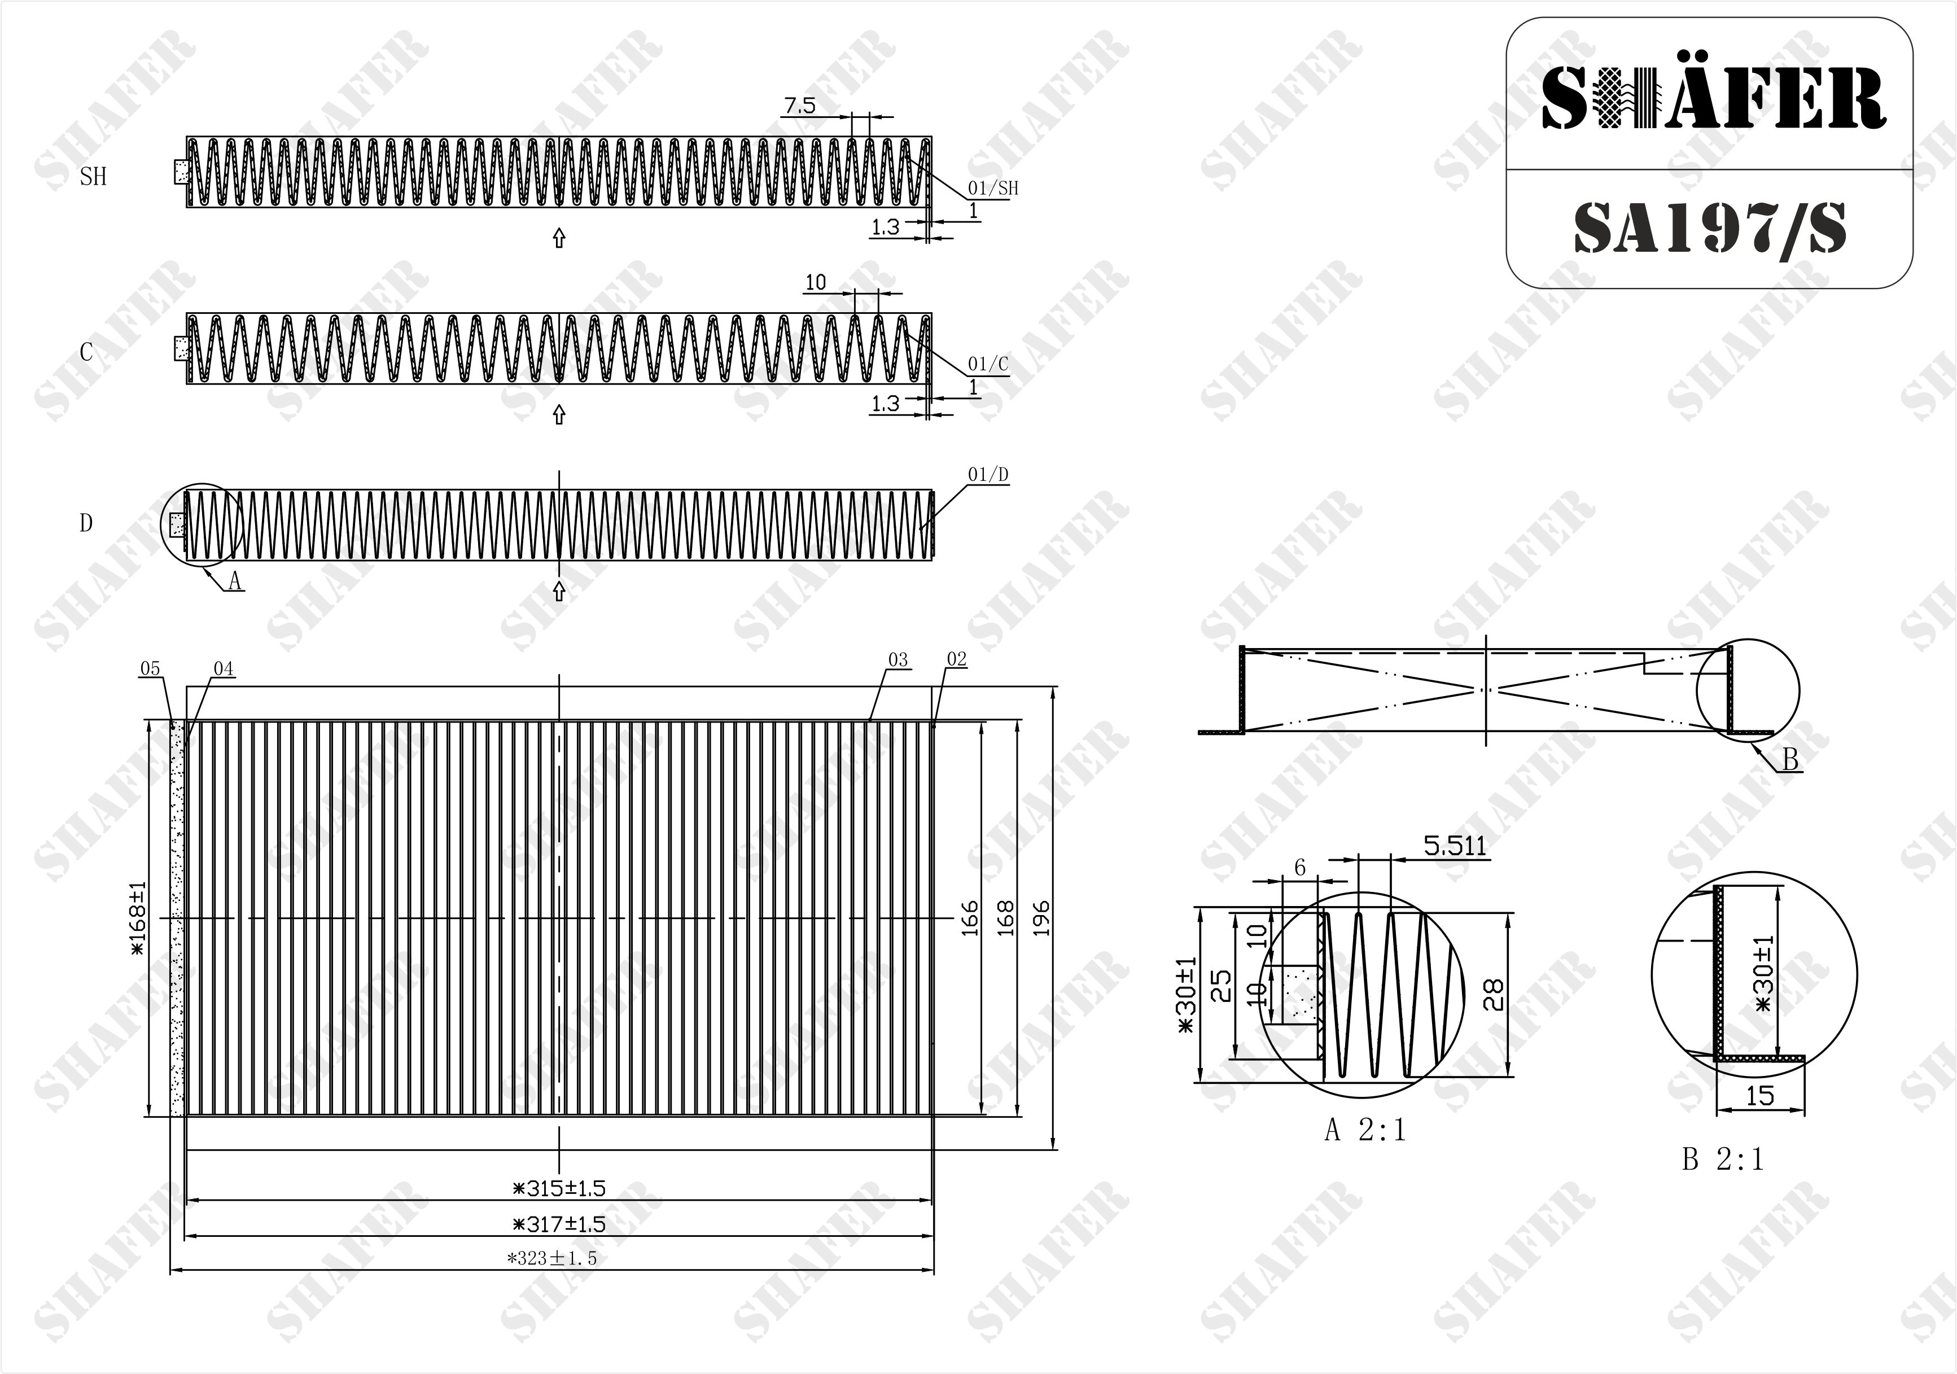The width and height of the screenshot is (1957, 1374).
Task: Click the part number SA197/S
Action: (x=1709, y=229)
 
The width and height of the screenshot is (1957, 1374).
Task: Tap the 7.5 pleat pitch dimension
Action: (x=799, y=106)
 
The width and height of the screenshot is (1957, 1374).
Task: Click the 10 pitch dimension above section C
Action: (x=816, y=282)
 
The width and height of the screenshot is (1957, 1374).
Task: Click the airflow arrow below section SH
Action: (x=559, y=238)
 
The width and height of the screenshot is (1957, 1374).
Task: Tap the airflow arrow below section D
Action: (x=559, y=590)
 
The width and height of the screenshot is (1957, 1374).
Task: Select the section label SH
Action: (x=93, y=177)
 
